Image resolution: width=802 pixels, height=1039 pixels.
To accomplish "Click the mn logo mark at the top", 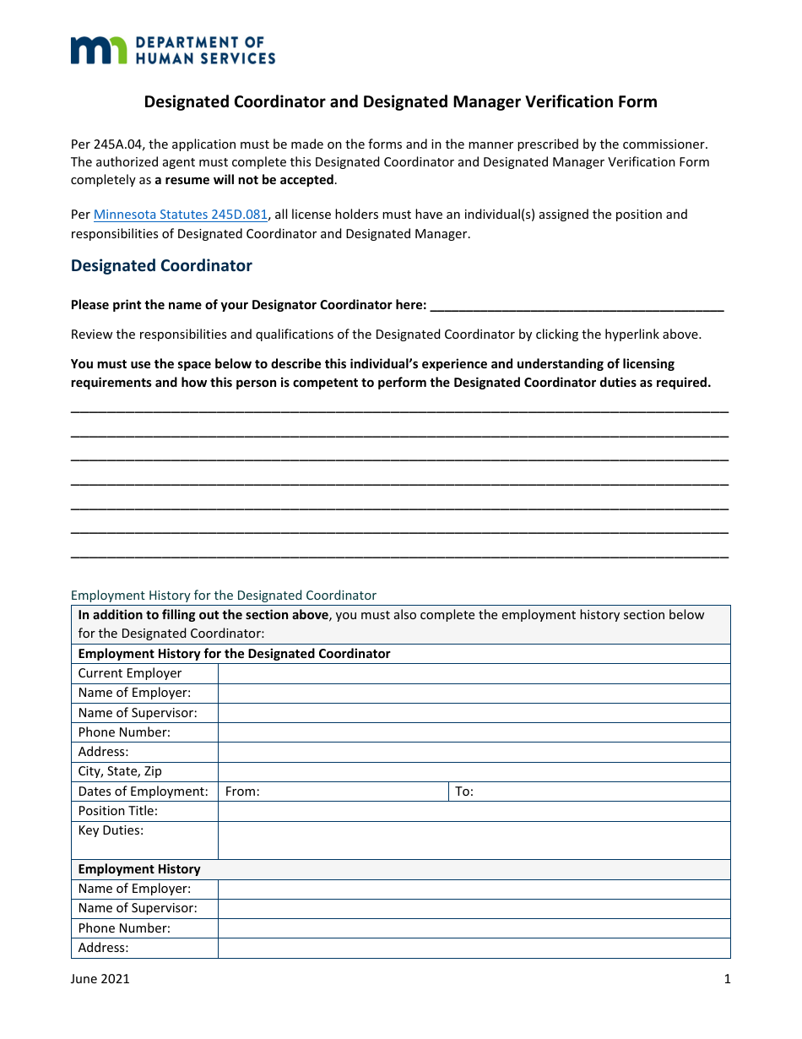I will coord(98,50).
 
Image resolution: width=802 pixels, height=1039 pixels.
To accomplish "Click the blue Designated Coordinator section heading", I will coord(161,265).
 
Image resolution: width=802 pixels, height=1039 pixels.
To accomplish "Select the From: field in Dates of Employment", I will coord(333,791).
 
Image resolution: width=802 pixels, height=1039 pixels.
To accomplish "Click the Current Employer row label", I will coord(130,673).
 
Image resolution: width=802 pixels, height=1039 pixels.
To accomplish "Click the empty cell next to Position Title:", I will coord(474,811).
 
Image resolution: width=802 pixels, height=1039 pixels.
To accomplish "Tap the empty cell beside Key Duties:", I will coord(474,840).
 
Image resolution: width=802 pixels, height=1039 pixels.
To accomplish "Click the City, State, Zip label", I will coord(120,771).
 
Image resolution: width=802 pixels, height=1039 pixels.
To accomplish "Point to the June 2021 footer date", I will coord(100,979).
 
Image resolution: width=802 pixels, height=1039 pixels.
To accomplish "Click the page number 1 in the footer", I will coord(727,979).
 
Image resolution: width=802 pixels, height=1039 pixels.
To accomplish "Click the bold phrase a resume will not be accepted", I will coord(245,180).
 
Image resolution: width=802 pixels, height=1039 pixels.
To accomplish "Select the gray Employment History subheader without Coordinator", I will coord(139,869).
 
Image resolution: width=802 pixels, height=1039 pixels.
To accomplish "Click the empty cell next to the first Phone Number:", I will coord(474,732).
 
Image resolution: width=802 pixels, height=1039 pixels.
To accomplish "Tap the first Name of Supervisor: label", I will coord(138,713).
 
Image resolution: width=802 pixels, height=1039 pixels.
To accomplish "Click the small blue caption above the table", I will coord(224,595).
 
